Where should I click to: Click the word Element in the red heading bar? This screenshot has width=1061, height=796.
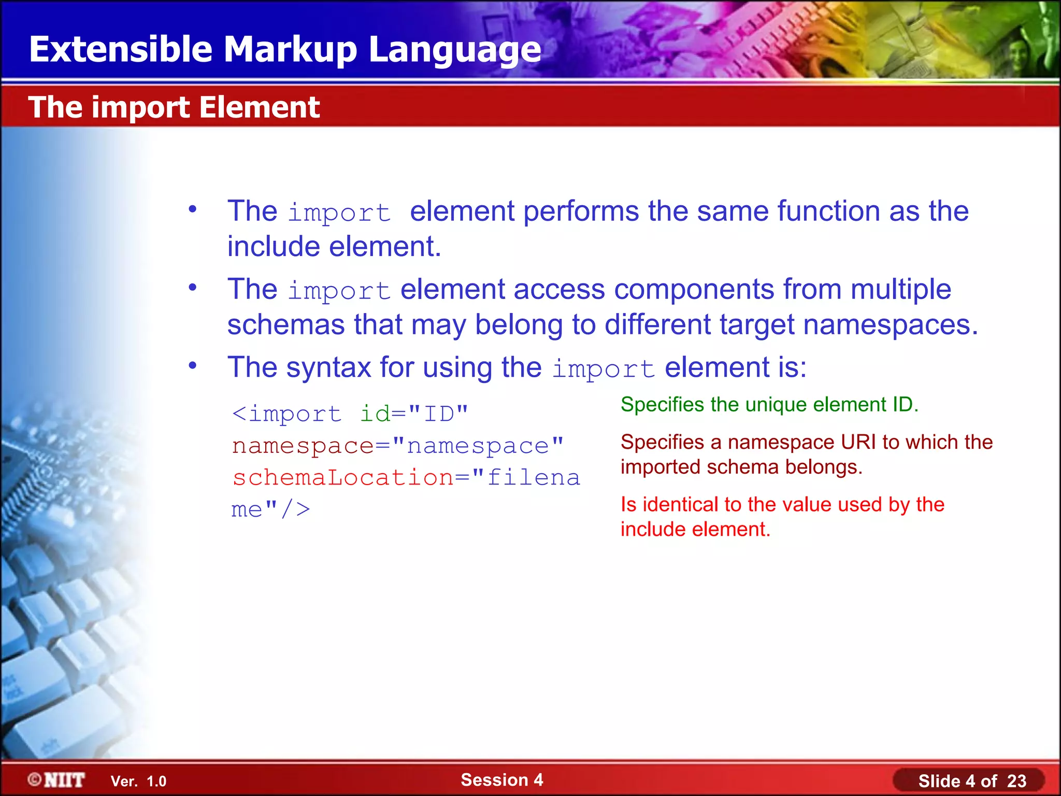click(259, 107)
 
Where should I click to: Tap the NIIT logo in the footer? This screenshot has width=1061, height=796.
click(57, 780)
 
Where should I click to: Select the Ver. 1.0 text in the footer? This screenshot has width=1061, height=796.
click(138, 781)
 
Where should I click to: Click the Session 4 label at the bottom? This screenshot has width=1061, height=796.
click(501, 779)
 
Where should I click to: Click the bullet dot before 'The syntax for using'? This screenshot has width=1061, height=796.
click(193, 366)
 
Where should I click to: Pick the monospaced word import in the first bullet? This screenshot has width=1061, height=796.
click(339, 213)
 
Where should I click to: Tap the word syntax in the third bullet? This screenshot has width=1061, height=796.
click(328, 368)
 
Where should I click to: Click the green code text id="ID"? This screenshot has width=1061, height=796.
click(413, 414)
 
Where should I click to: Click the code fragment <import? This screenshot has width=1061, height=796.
click(286, 414)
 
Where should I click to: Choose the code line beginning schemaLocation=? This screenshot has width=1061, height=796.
click(406, 477)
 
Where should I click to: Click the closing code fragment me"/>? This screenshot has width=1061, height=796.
click(270, 509)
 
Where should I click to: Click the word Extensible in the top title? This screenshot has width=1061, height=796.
click(120, 50)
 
